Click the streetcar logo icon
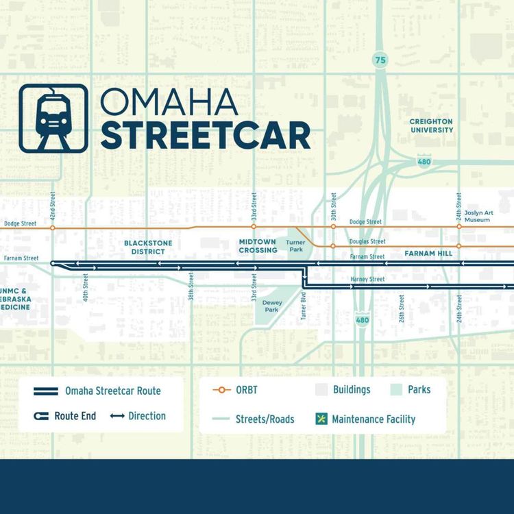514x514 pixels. pyautogui.click(x=53, y=118)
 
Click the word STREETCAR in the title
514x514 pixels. pyautogui.click(x=205, y=136)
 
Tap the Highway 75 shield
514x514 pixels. pyautogui.click(x=380, y=61)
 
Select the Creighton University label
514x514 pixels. pyautogui.click(x=432, y=125)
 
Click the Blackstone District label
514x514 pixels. pyautogui.click(x=148, y=247)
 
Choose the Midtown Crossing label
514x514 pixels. pyautogui.click(x=258, y=246)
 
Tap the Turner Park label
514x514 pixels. pyautogui.click(x=295, y=246)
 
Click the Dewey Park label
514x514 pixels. pyautogui.click(x=272, y=306)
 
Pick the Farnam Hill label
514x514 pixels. pyautogui.click(x=428, y=254)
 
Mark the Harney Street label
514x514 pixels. pyautogui.click(x=368, y=280)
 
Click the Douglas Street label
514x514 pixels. pyautogui.click(x=367, y=241)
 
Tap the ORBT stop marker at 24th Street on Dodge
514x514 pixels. pyautogui.click(x=459, y=226)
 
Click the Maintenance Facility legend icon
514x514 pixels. pyautogui.click(x=320, y=418)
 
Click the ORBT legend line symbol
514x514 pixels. pyautogui.click(x=221, y=389)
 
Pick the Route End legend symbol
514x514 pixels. pyautogui.click(x=41, y=416)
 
